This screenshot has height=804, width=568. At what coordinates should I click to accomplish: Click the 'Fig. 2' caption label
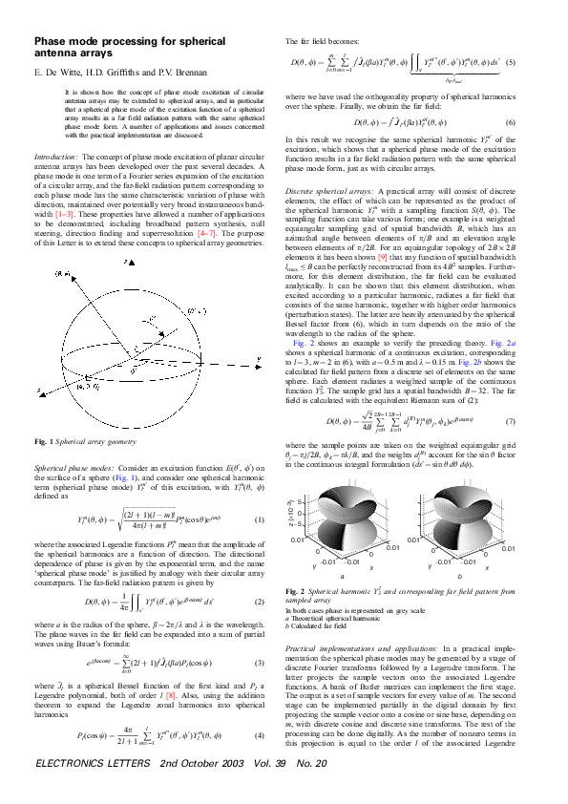298,592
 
